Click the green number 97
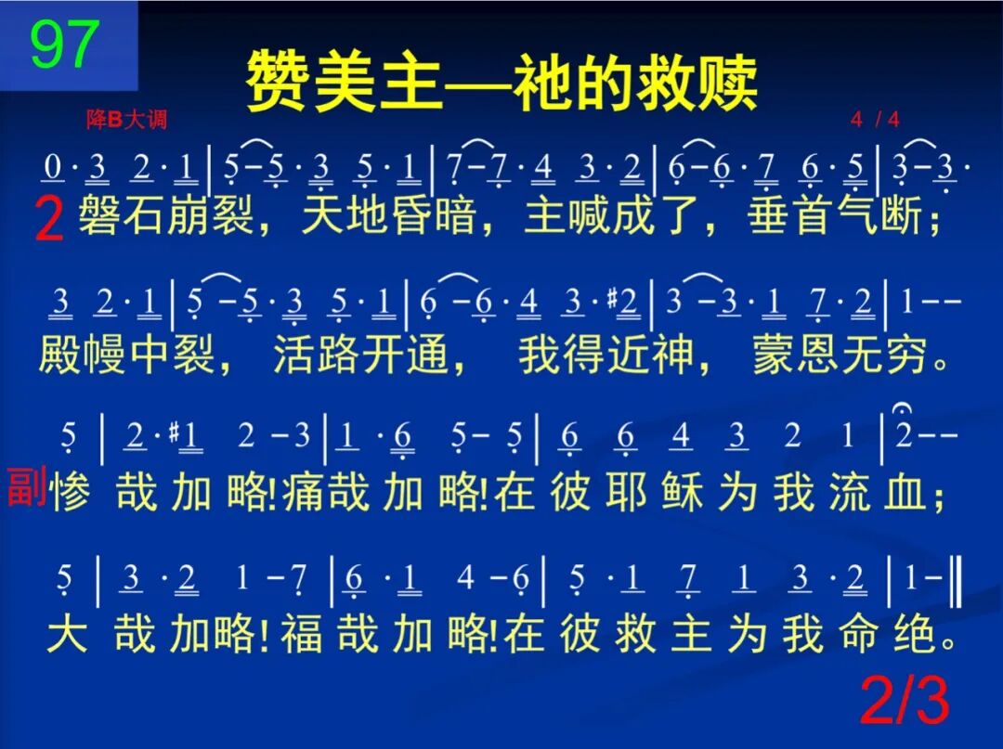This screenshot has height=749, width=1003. pos(65,44)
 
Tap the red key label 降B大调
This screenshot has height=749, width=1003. pos(126,121)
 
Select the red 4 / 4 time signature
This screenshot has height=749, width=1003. pos(874,120)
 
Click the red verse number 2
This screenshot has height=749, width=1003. pos(49,223)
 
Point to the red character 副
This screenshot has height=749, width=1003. pos(27,487)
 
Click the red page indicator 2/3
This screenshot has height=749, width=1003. pos(905,701)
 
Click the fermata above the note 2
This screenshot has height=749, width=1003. pos(904,409)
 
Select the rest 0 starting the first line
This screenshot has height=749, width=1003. pos(54,168)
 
